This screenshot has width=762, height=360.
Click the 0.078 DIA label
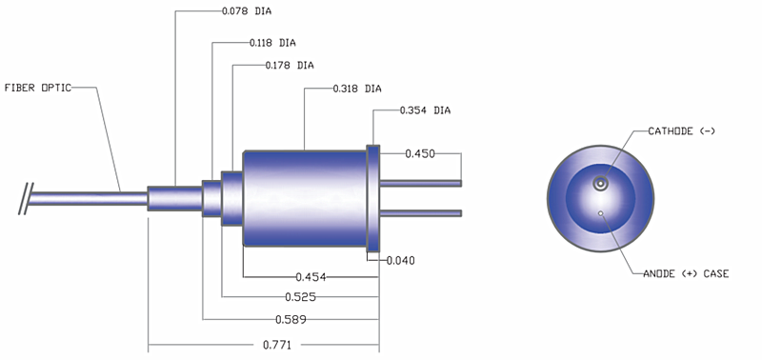pyautogui.click(x=247, y=11)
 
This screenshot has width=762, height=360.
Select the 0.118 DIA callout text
pyautogui.click(x=272, y=43)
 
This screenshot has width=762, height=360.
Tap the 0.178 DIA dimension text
pyautogui.click(x=290, y=65)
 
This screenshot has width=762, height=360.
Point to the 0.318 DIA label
pyautogui.click(x=356, y=89)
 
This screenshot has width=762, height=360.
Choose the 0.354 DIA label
pyautogui.click(x=425, y=110)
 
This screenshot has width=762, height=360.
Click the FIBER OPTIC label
pyautogui.click(x=37, y=88)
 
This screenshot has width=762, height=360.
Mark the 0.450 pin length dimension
pyautogui.click(x=420, y=154)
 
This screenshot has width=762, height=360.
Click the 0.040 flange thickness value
pyautogui.click(x=401, y=261)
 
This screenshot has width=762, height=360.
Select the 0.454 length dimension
pyautogui.click(x=311, y=277)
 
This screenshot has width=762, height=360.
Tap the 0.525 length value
pyautogui.click(x=300, y=297)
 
